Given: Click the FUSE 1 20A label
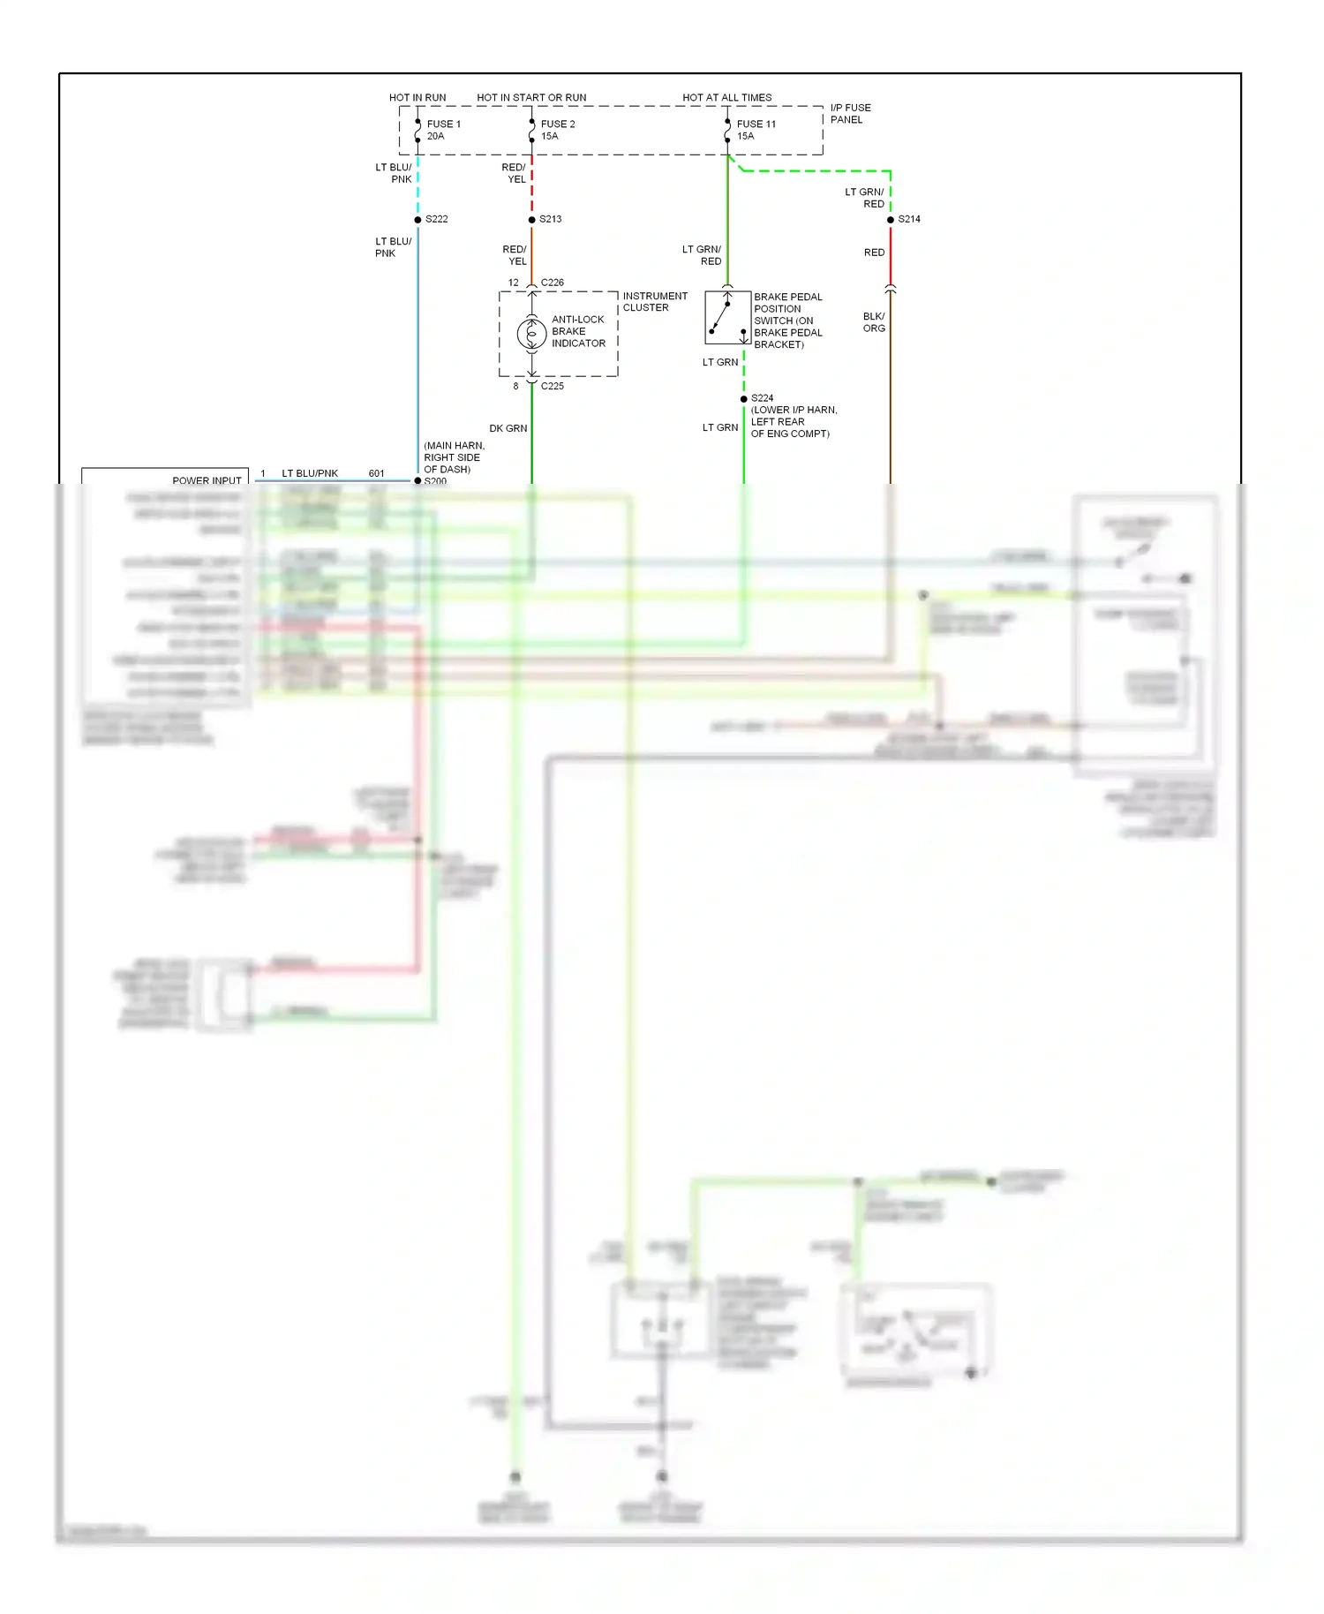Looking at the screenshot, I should pos(443,130).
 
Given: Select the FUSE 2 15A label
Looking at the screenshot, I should pos(557,130).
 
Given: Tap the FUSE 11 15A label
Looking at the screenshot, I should pos(756,130).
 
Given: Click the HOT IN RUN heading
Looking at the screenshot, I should pos(418,97).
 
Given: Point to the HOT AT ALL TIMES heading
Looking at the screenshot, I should pos(726,97).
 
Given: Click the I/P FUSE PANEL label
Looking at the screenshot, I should pos(849,113).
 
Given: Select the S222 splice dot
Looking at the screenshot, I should pos(418,220).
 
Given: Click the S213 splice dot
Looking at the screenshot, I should pos(531,220).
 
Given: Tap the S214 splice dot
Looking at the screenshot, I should pos(890,220).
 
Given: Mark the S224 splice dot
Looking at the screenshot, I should pos(743,399).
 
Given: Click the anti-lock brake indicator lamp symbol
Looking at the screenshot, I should pos(531,334).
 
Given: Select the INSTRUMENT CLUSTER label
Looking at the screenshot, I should pos(654,302).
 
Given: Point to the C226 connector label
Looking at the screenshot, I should pos(552,283).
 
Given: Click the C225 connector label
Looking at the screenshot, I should pos(552,386).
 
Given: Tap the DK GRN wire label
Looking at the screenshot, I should pos(508,428).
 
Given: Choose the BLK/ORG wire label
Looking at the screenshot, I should pos(874,322).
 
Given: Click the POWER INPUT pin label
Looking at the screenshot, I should pos(207,480).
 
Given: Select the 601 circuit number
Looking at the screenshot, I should pos(376,473).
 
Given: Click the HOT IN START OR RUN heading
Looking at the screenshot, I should pos(531,97).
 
